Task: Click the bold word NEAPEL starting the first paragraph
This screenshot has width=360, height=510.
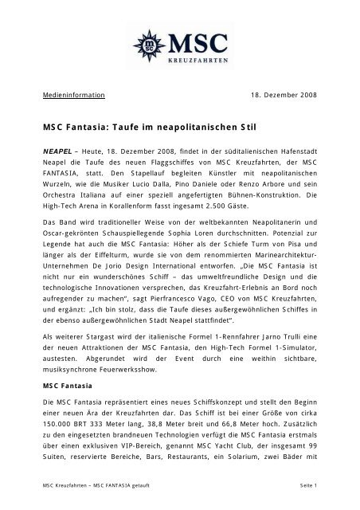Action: [58, 148]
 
